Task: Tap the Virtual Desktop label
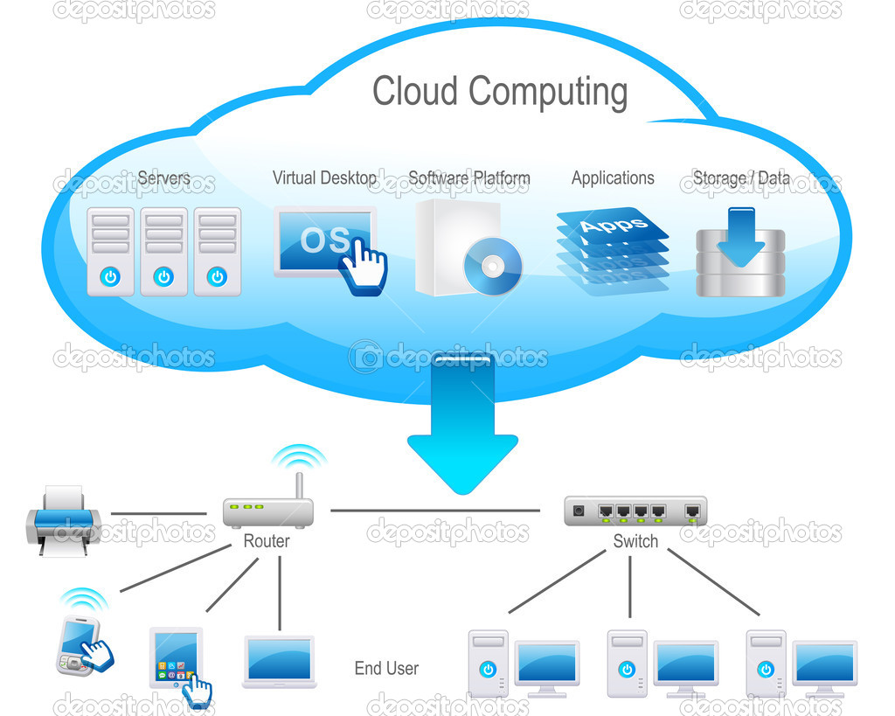point(324,178)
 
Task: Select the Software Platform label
point(469,178)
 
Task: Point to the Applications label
point(613,178)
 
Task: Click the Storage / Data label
point(741,178)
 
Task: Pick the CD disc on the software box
point(493,266)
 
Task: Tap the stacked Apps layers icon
point(613,251)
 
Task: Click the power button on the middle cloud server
point(163,277)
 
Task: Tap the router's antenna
point(299,486)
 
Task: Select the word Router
point(267,540)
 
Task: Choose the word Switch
point(635,540)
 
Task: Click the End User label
point(386,668)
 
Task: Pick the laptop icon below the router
point(279,662)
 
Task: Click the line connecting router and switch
point(435,511)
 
